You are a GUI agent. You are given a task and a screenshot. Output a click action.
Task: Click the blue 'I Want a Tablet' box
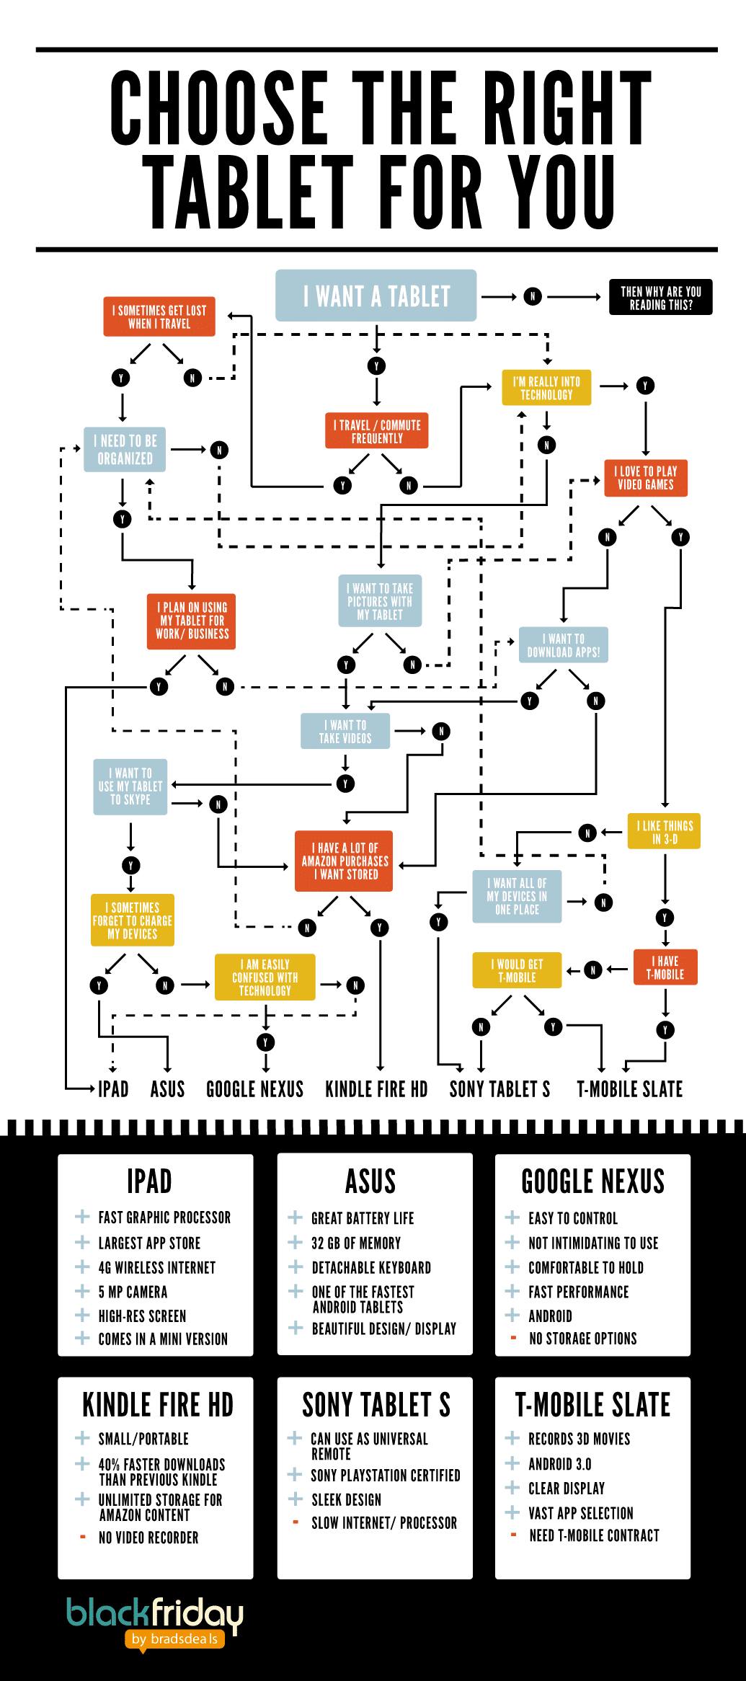tap(376, 296)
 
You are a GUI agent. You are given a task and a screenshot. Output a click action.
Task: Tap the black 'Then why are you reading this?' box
tap(660, 297)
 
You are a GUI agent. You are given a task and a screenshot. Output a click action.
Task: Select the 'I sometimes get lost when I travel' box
tap(159, 317)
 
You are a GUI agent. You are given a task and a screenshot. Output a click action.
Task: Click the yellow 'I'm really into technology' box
tap(546, 388)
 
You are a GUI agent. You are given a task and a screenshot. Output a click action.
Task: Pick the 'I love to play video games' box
tap(645, 478)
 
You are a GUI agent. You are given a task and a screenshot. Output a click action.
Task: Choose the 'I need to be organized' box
tap(125, 450)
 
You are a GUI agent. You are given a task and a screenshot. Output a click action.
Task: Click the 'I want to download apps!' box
tap(563, 645)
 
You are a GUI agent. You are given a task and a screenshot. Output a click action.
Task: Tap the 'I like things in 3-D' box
tap(664, 832)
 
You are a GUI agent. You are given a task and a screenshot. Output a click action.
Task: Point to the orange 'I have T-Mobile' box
tap(665, 967)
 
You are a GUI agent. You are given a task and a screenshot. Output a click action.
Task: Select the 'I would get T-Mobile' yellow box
tap(517, 970)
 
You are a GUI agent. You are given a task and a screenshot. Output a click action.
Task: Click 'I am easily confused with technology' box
tap(265, 977)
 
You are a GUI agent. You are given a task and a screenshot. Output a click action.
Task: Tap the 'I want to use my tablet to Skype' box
tap(130, 786)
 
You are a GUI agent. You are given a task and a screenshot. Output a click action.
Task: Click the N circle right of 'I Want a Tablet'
tap(533, 296)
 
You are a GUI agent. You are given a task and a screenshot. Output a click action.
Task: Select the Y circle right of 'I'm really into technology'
tap(645, 386)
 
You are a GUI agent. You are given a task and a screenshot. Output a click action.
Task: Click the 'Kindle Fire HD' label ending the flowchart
tap(376, 1089)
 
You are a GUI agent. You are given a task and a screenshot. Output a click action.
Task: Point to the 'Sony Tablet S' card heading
tap(376, 1405)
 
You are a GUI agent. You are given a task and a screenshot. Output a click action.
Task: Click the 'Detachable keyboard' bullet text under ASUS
tap(371, 1267)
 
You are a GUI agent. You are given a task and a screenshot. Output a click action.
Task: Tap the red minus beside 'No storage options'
tap(513, 1338)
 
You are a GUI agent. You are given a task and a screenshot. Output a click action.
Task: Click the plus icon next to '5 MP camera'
tap(82, 1291)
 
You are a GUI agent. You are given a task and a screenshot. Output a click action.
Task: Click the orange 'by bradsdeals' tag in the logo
tap(174, 1639)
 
